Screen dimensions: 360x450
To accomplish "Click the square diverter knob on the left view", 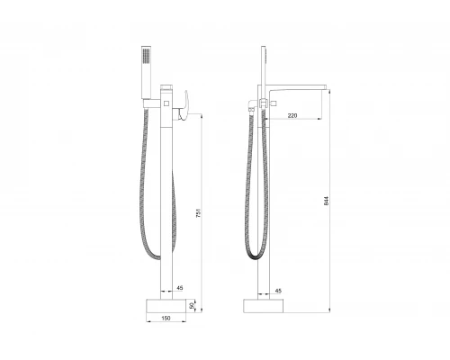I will tap(169, 105).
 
